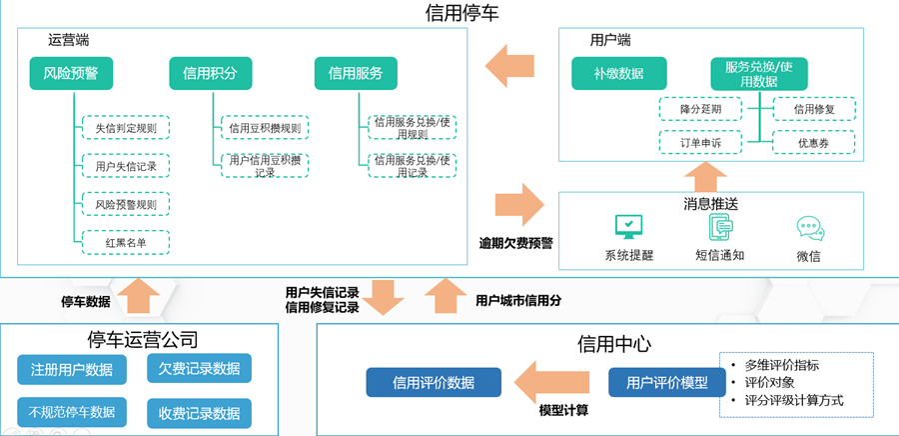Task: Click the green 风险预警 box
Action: [71, 73]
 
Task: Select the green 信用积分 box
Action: [210, 73]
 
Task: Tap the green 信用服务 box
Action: [356, 73]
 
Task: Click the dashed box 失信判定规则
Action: [126, 128]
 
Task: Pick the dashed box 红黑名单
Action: [126, 242]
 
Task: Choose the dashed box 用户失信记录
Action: [126, 165]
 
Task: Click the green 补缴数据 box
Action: [618, 73]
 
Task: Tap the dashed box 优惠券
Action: [813, 143]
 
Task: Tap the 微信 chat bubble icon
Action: [809, 229]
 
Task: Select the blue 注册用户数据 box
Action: [71, 370]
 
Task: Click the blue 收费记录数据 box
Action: [199, 412]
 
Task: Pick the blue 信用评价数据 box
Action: [433, 382]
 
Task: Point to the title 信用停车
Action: [461, 13]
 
